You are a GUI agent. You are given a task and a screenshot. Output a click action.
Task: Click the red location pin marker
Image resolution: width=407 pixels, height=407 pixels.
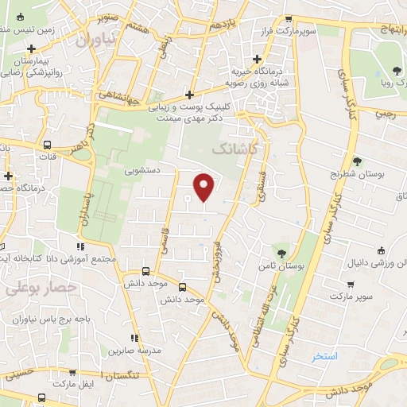coord(204,186)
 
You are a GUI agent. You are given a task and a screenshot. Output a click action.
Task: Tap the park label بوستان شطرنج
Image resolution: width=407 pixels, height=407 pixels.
coord(357,174)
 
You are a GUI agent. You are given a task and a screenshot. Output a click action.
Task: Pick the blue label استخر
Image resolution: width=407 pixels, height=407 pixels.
coord(325,355)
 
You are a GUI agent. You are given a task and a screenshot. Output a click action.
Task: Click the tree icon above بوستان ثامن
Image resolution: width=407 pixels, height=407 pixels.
coord(280,252)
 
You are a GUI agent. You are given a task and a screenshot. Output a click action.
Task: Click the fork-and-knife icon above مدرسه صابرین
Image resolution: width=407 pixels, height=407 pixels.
coord(136,338)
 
